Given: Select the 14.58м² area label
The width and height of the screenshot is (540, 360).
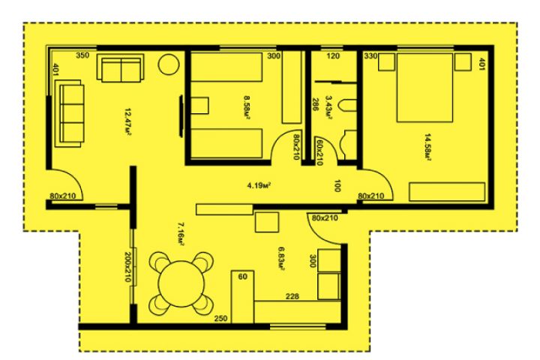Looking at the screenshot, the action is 427,147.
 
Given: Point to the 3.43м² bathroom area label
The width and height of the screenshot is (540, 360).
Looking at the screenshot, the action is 328,107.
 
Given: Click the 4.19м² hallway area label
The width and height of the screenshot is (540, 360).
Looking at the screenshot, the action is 258,186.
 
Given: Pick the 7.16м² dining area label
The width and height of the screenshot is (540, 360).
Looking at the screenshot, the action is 181,234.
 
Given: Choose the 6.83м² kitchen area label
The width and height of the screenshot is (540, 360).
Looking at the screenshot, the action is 281,259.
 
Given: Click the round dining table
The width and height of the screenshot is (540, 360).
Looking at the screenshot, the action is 181,283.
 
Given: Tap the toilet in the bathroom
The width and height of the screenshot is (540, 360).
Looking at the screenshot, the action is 347,106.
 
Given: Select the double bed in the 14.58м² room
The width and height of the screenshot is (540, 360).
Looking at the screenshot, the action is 424,88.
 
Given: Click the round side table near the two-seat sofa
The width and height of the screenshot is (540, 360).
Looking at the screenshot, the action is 169,64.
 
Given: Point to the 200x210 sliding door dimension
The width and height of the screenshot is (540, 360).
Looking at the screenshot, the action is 127,267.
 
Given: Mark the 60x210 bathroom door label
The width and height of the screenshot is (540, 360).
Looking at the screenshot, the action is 319,151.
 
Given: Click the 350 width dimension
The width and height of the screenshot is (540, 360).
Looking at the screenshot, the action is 82,55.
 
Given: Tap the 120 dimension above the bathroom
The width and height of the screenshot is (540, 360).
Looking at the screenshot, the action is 333,55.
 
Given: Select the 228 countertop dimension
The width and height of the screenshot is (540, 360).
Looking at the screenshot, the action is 292,296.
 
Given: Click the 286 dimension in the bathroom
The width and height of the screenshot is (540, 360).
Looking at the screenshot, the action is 314,104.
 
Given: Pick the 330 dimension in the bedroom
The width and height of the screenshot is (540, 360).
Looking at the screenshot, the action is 370,55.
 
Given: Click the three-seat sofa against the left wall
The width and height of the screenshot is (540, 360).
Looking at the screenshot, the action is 69,114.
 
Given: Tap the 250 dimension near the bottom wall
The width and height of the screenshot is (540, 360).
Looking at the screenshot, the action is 220,318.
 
